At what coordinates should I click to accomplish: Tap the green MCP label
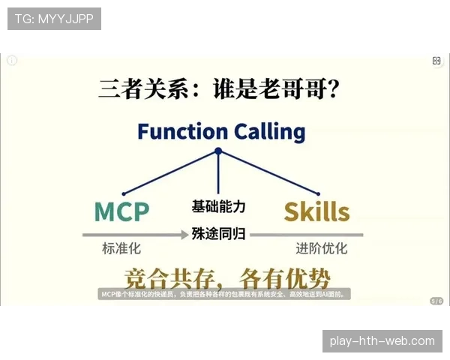tap(121, 211)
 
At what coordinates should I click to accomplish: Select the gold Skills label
tap(316, 211)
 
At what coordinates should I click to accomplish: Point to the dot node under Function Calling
tap(218, 151)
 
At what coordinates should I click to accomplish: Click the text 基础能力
tap(218, 206)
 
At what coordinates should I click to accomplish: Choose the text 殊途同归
tap(218, 233)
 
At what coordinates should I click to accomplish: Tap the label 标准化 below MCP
tap(121, 248)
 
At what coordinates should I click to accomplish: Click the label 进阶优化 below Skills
tap(321, 248)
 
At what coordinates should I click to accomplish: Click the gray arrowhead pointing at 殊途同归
tap(184, 235)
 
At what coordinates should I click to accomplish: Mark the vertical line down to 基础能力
tap(218, 176)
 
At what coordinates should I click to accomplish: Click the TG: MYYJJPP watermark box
tap(54, 19)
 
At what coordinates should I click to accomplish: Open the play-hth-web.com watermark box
tap(382, 341)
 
